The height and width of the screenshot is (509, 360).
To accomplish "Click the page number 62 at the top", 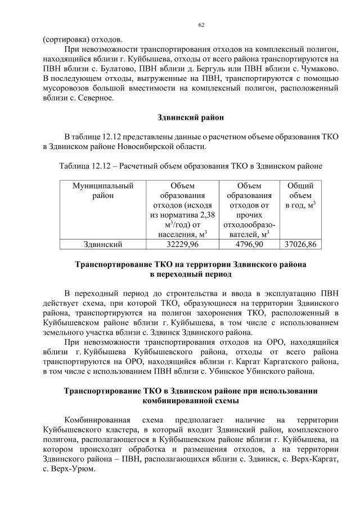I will [x=201, y=25].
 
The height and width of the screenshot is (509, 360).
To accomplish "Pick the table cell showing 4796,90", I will [x=249, y=244].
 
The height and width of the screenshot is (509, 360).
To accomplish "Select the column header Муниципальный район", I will [x=103, y=191].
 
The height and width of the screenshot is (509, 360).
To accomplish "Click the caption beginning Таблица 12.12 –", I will [x=191, y=166].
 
